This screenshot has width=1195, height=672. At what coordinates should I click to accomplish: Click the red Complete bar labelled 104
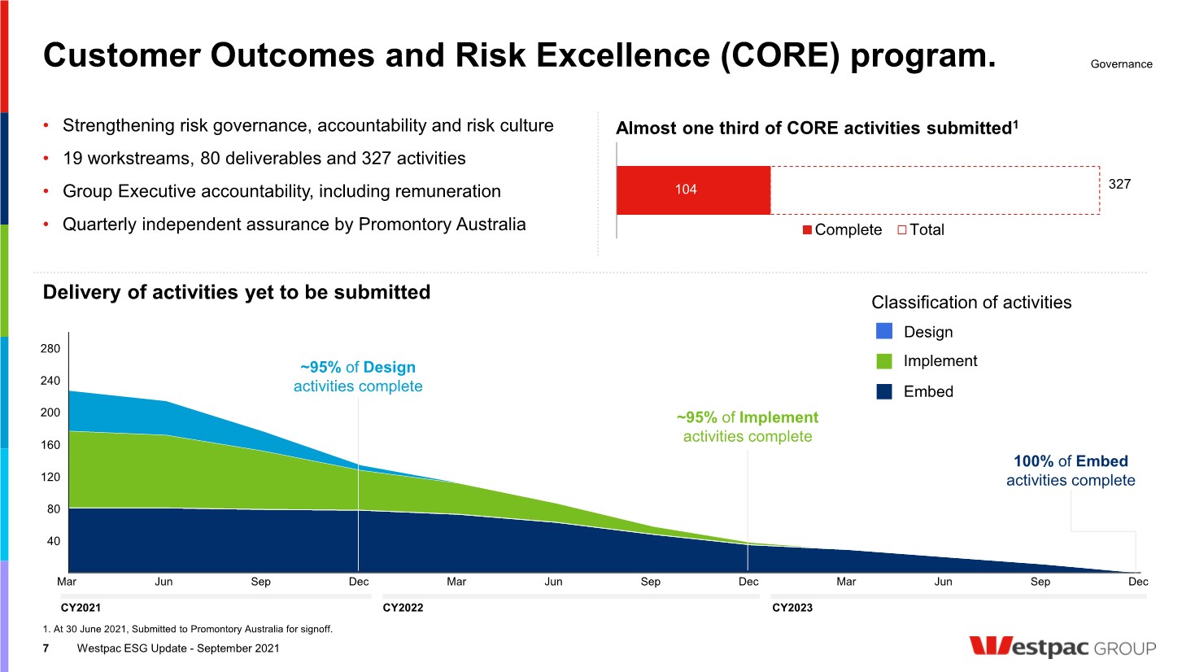[693, 190]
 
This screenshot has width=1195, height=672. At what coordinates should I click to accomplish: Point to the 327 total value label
[1119, 184]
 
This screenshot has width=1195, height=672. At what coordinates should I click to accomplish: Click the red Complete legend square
[807, 230]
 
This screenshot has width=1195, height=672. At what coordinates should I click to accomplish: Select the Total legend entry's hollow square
[902, 230]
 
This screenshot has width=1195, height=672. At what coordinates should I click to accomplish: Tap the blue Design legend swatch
[884, 331]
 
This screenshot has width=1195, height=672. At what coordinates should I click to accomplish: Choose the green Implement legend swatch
[884, 361]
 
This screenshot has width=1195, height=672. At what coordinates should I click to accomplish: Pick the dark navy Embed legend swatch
[884, 391]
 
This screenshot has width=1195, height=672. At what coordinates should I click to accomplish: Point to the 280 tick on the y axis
[50, 348]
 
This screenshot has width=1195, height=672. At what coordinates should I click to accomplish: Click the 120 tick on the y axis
[50, 477]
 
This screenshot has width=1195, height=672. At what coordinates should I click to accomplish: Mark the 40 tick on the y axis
[54, 541]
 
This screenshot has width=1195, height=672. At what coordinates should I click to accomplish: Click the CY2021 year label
[81, 608]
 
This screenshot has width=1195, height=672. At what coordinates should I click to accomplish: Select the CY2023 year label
[792, 608]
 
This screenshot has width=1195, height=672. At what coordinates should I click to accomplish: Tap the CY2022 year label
[403, 608]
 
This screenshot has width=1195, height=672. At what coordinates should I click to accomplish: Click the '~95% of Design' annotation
[358, 368]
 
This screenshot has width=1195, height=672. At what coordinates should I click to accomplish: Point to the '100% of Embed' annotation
[1071, 461]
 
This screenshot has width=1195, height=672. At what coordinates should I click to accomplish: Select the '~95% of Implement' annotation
[748, 417]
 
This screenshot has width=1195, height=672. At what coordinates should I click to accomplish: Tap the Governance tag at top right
[1121, 64]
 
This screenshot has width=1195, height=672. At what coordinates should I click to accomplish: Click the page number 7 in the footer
[46, 648]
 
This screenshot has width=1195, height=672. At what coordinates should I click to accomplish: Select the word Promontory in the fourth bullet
[395, 225]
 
